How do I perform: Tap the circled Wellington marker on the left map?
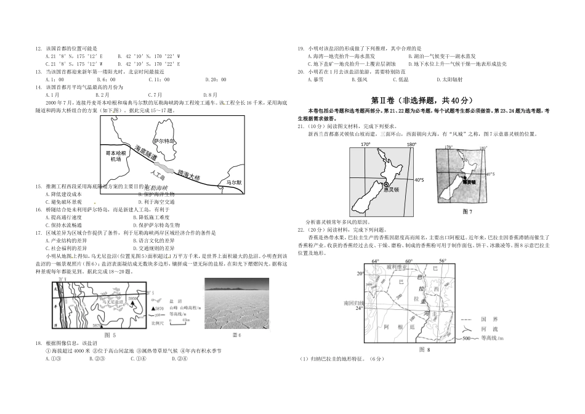click(386, 184)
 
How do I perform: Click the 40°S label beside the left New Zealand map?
click(419, 180)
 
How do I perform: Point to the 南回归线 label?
click(354, 303)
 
